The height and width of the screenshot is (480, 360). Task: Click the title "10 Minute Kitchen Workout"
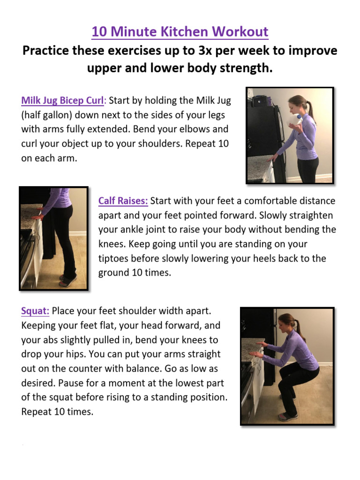pyautogui.click(x=180, y=32)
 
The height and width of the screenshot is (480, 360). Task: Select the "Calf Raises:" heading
pyautogui.click(x=123, y=201)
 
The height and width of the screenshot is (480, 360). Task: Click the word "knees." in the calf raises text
pyautogui.click(x=112, y=244)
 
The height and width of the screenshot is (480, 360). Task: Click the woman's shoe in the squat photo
pyautogui.click(x=287, y=415)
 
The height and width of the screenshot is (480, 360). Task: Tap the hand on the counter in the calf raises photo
pyautogui.click(x=37, y=216)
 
